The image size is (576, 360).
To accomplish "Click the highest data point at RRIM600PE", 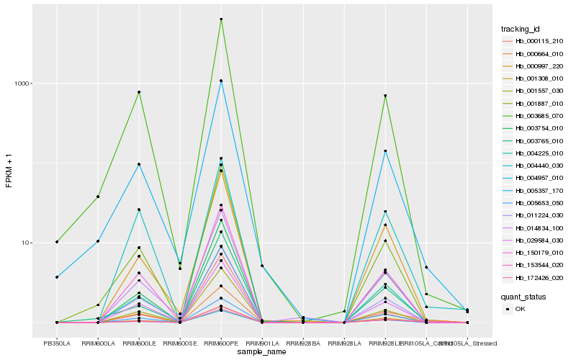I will (x=221, y=19).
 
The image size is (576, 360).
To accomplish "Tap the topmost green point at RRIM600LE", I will (x=139, y=92).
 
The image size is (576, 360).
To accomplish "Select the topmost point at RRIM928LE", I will (x=385, y=96).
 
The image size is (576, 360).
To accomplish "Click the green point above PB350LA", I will (x=57, y=242).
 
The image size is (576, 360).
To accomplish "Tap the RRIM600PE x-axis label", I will (x=221, y=343).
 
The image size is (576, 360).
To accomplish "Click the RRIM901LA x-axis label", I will (x=262, y=343).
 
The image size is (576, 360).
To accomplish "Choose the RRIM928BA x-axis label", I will (x=303, y=343).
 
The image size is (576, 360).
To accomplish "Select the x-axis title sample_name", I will (x=262, y=353).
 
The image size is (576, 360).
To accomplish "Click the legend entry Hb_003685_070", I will (x=539, y=116).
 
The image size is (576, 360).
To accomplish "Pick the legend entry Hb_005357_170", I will (x=539, y=190).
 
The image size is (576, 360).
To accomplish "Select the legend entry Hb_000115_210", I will (x=539, y=41).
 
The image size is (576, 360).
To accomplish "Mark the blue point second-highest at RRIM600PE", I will (x=221, y=81).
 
